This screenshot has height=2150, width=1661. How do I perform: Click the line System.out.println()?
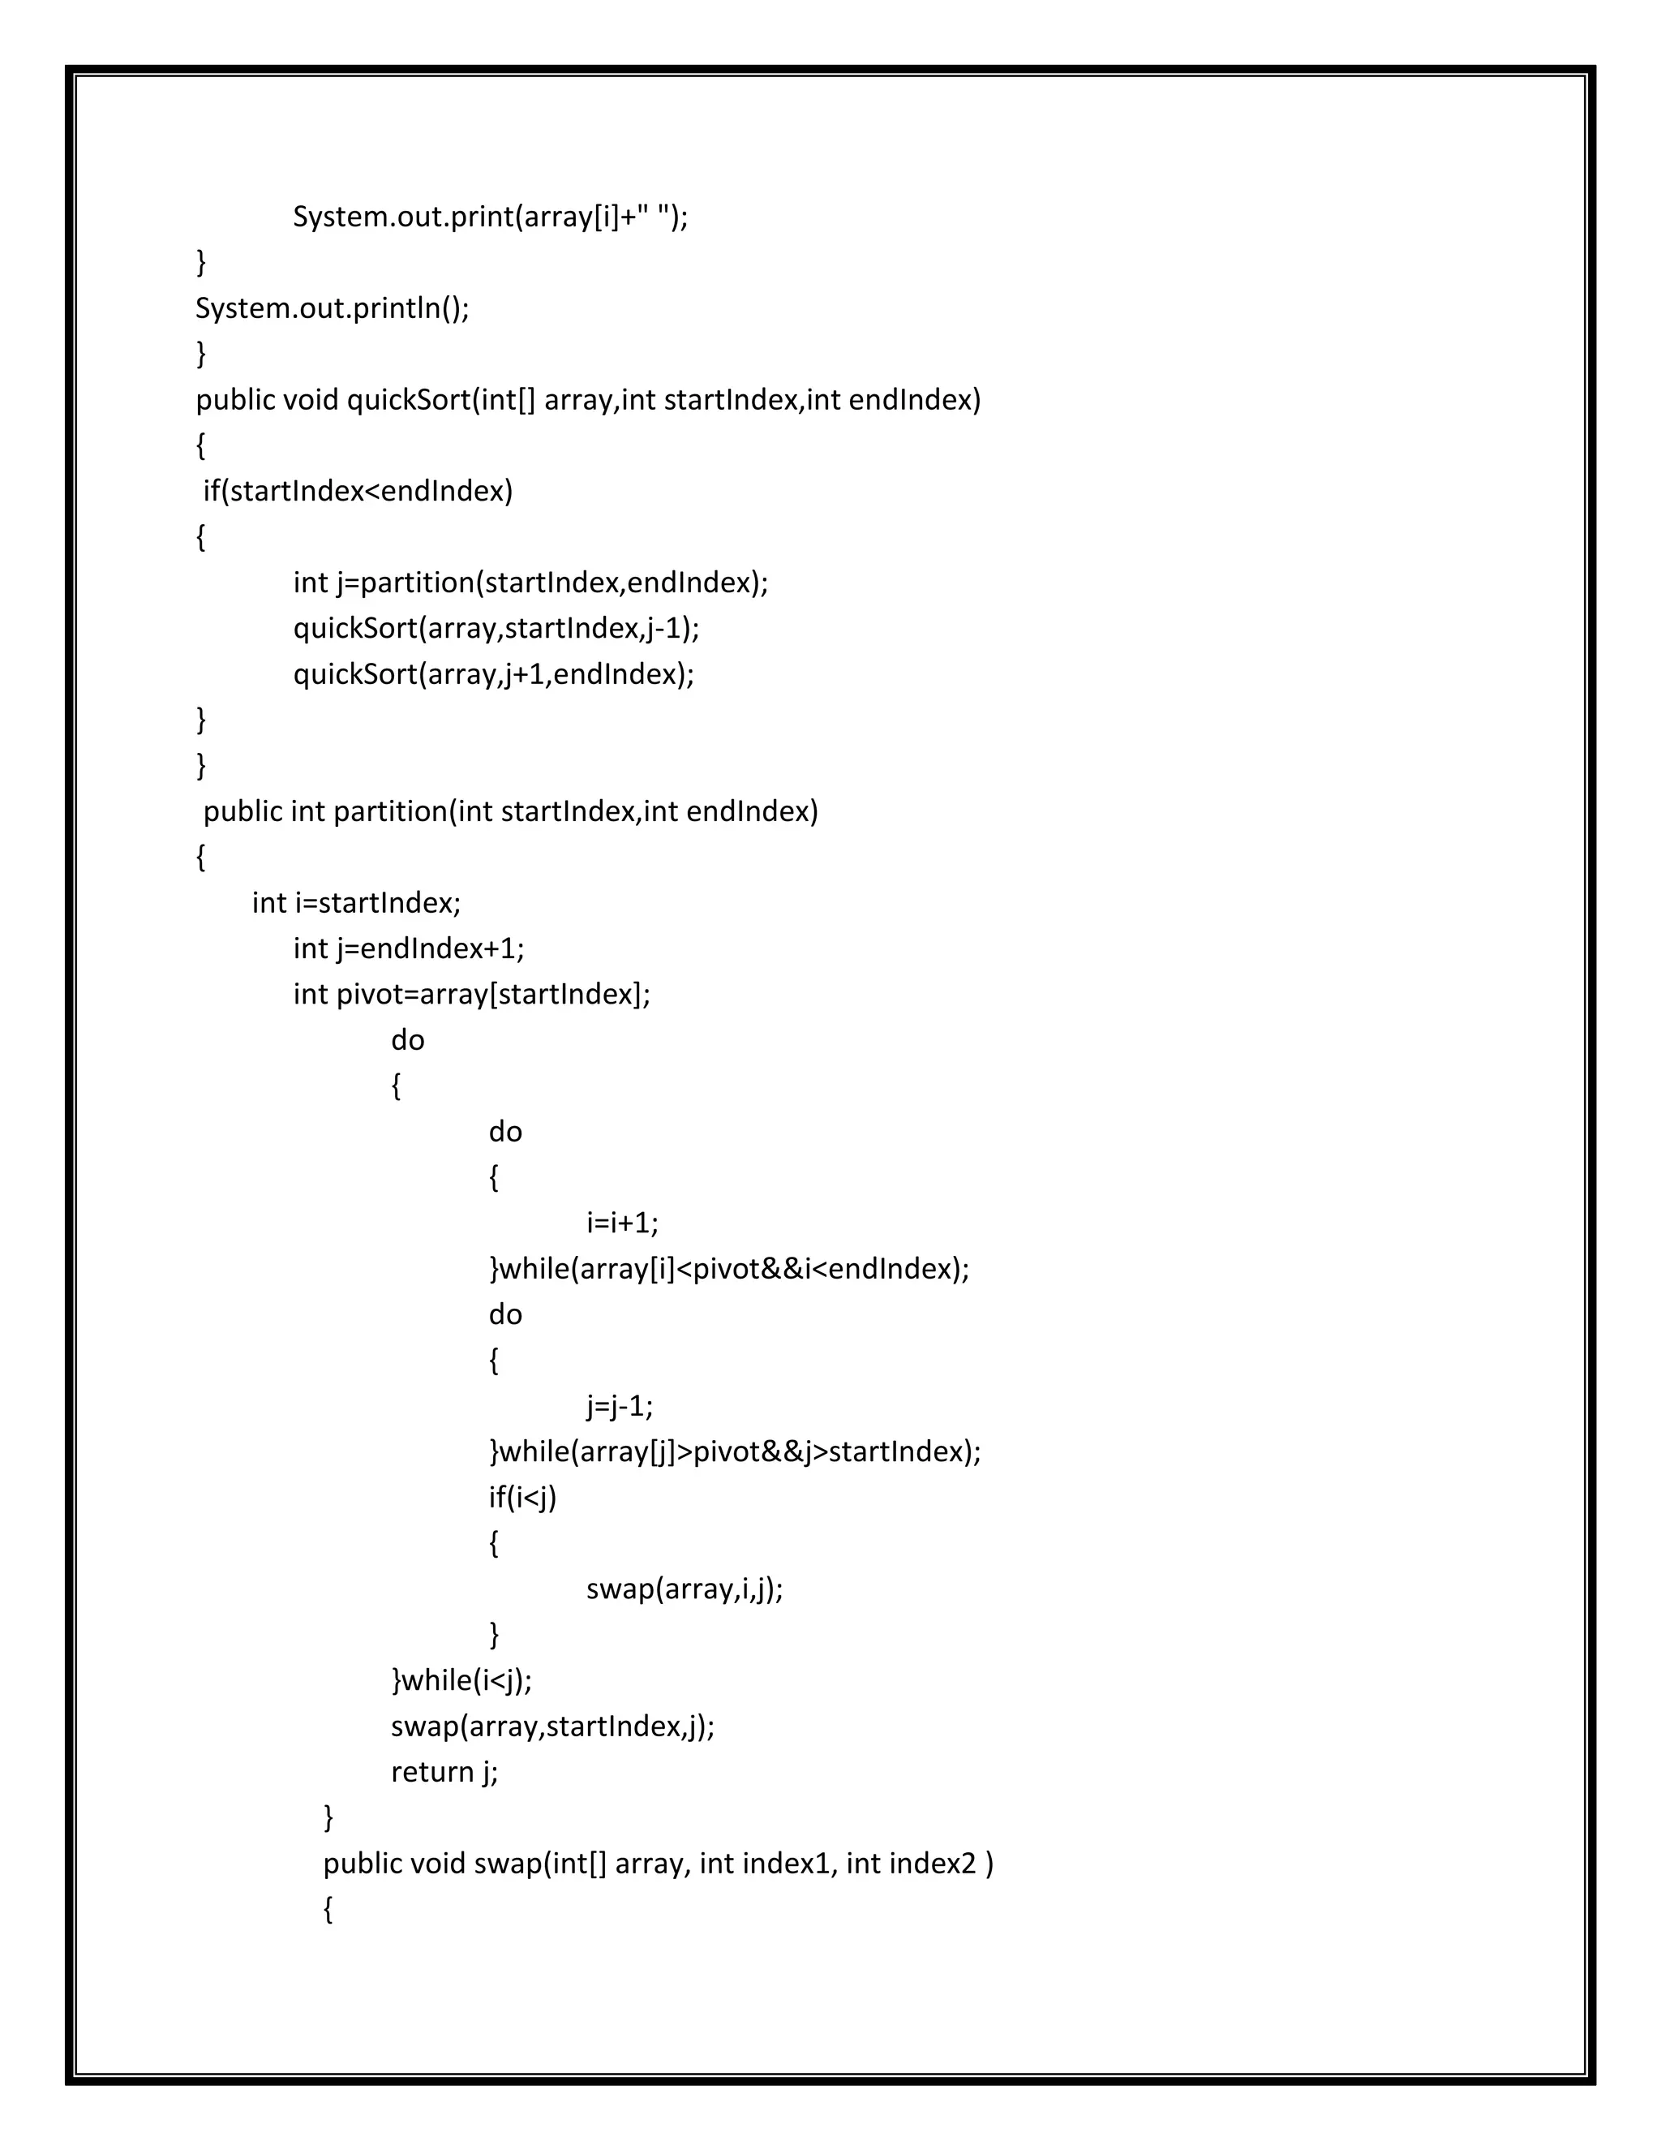point(332,308)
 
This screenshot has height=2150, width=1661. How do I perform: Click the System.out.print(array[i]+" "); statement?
point(490,217)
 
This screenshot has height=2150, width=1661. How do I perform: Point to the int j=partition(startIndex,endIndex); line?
point(530,583)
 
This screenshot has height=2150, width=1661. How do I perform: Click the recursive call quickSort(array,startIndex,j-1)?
point(496,628)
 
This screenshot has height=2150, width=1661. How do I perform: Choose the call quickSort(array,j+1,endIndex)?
point(493,674)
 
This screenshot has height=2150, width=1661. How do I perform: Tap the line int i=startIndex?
point(356,903)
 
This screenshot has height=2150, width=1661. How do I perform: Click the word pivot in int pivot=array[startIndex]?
point(370,995)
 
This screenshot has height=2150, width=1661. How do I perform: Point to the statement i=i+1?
point(622,1223)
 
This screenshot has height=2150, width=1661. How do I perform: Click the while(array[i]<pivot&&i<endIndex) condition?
point(734,1269)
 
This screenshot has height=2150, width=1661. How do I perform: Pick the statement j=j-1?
point(619,1406)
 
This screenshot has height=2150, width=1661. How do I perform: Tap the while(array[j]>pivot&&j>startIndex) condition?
point(740,1452)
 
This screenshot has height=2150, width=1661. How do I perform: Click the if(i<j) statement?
point(522,1498)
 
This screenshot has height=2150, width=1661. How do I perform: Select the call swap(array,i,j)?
point(684,1589)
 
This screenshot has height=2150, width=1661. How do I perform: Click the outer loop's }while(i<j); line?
point(461,1680)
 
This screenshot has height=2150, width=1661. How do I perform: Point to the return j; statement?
point(444,1772)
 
